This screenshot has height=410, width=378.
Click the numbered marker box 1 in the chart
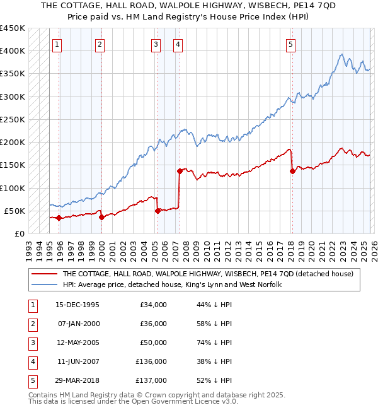point(57,44)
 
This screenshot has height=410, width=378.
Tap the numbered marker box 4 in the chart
point(178,44)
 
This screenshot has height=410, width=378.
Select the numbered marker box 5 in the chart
point(290,44)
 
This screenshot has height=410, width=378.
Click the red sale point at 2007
point(180,171)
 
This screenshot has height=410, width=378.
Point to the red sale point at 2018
point(292,171)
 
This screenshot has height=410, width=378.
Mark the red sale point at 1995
point(59,218)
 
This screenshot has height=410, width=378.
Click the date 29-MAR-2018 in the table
point(77,380)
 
